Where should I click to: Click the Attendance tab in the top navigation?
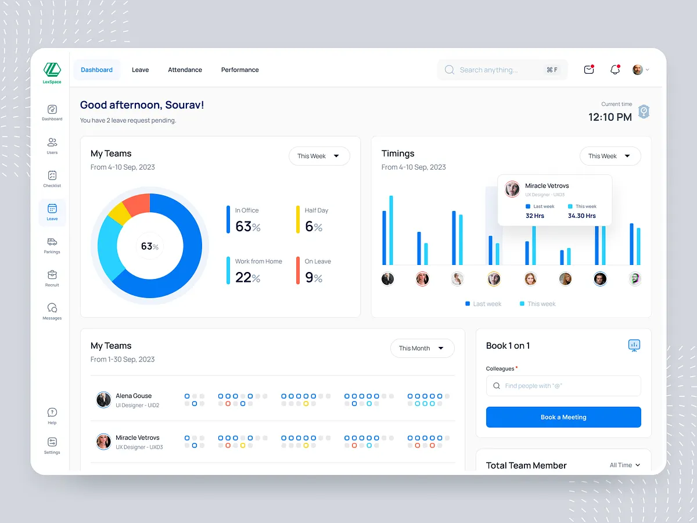185,70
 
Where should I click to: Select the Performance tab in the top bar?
240,70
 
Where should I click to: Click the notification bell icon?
615,70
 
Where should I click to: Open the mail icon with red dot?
589,70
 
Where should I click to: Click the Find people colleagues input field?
563,386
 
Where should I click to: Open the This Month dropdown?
422,348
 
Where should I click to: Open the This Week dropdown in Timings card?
610,156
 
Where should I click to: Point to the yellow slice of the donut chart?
120,213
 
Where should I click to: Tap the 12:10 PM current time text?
610,117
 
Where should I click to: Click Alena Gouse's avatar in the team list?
103,400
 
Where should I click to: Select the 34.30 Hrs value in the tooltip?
581,216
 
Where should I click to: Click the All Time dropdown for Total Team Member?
625,465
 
